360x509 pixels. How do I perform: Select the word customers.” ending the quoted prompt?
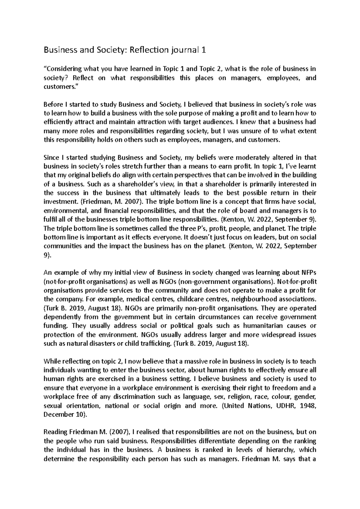[58, 87]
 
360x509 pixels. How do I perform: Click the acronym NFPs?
[309, 272]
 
